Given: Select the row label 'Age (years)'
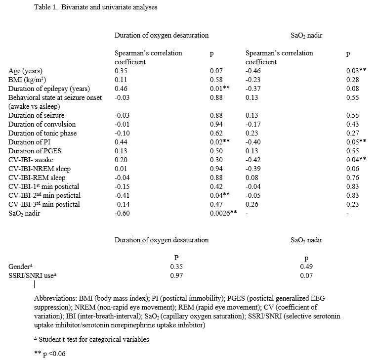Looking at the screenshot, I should (25, 71).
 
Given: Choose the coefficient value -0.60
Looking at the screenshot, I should (122, 213).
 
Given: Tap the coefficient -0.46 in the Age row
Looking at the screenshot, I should (253, 71).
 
